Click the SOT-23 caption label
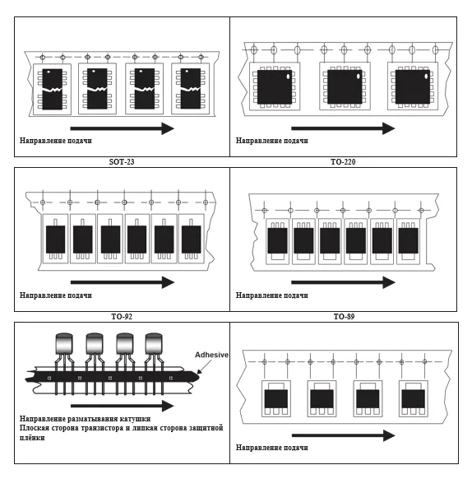[x=122, y=161]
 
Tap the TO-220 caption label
[x=343, y=161]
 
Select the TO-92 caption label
[x=122, y=317]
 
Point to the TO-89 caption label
[x=344, y=317]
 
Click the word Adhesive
[x=211, y=355]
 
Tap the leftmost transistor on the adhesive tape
[x=64, y=364]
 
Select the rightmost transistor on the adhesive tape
[x=154, y=364]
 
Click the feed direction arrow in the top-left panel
[x=123, y=128]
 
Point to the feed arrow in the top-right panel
[x=343, y=128]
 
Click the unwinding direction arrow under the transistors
[x=123, y=406]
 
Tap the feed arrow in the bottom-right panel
[x=344, y=435]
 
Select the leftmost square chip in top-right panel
[x=275, y=87]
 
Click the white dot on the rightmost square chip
[x=426, y=76]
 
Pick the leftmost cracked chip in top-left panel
[x=52, y=89]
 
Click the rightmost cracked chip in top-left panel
[x=191, y=89]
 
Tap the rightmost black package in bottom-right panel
[x=414, y=398]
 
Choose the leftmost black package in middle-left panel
[x=56, y=239]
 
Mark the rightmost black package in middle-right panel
[x=408, y=240]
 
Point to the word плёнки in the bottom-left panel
[x=32, y=438]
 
